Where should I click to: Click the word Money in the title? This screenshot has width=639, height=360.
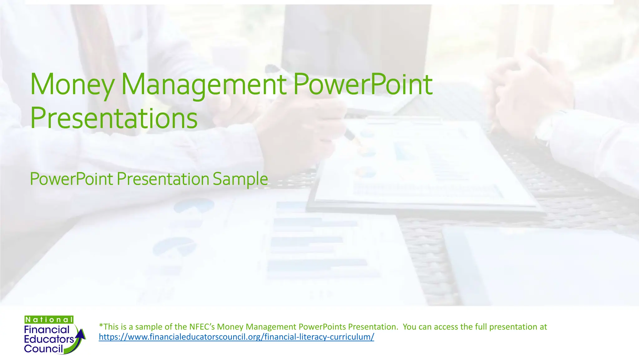(x=72, y=84)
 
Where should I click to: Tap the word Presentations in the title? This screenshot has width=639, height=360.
(x=114, y=118)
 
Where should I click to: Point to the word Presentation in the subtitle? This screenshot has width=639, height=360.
(x=163, y=179)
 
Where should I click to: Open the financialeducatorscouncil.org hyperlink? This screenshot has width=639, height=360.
(x=236, y=337)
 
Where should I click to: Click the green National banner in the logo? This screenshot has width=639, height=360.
(x=49, y=319)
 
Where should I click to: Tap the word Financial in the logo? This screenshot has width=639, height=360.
(x=47, y=329)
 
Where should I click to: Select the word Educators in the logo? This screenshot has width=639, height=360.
(x=49, y=339)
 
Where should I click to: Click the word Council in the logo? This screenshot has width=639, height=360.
(x=43, y=348)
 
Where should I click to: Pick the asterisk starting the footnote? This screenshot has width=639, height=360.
(x=101, y=326)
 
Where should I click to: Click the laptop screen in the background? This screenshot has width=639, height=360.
(x=353, y=47)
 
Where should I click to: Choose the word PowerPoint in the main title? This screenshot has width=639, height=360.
(x=363, y=84)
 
